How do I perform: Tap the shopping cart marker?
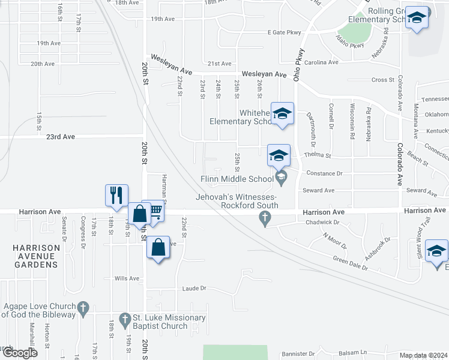click(x=155, y=211)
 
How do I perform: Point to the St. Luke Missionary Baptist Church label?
click(x=162, y=322)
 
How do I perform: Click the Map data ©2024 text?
click(x=423, y=355)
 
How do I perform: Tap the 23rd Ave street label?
click(x=61, y=137)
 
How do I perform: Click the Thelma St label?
click(x=319, y=155)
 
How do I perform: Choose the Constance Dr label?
click(x=324, y=173)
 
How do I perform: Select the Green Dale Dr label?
click(x=351, y=262)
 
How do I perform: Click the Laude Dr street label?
click(x=194, y=289)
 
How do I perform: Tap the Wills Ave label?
click(x=127, y=278)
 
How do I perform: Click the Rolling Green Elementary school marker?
click(x=416, y=19)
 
